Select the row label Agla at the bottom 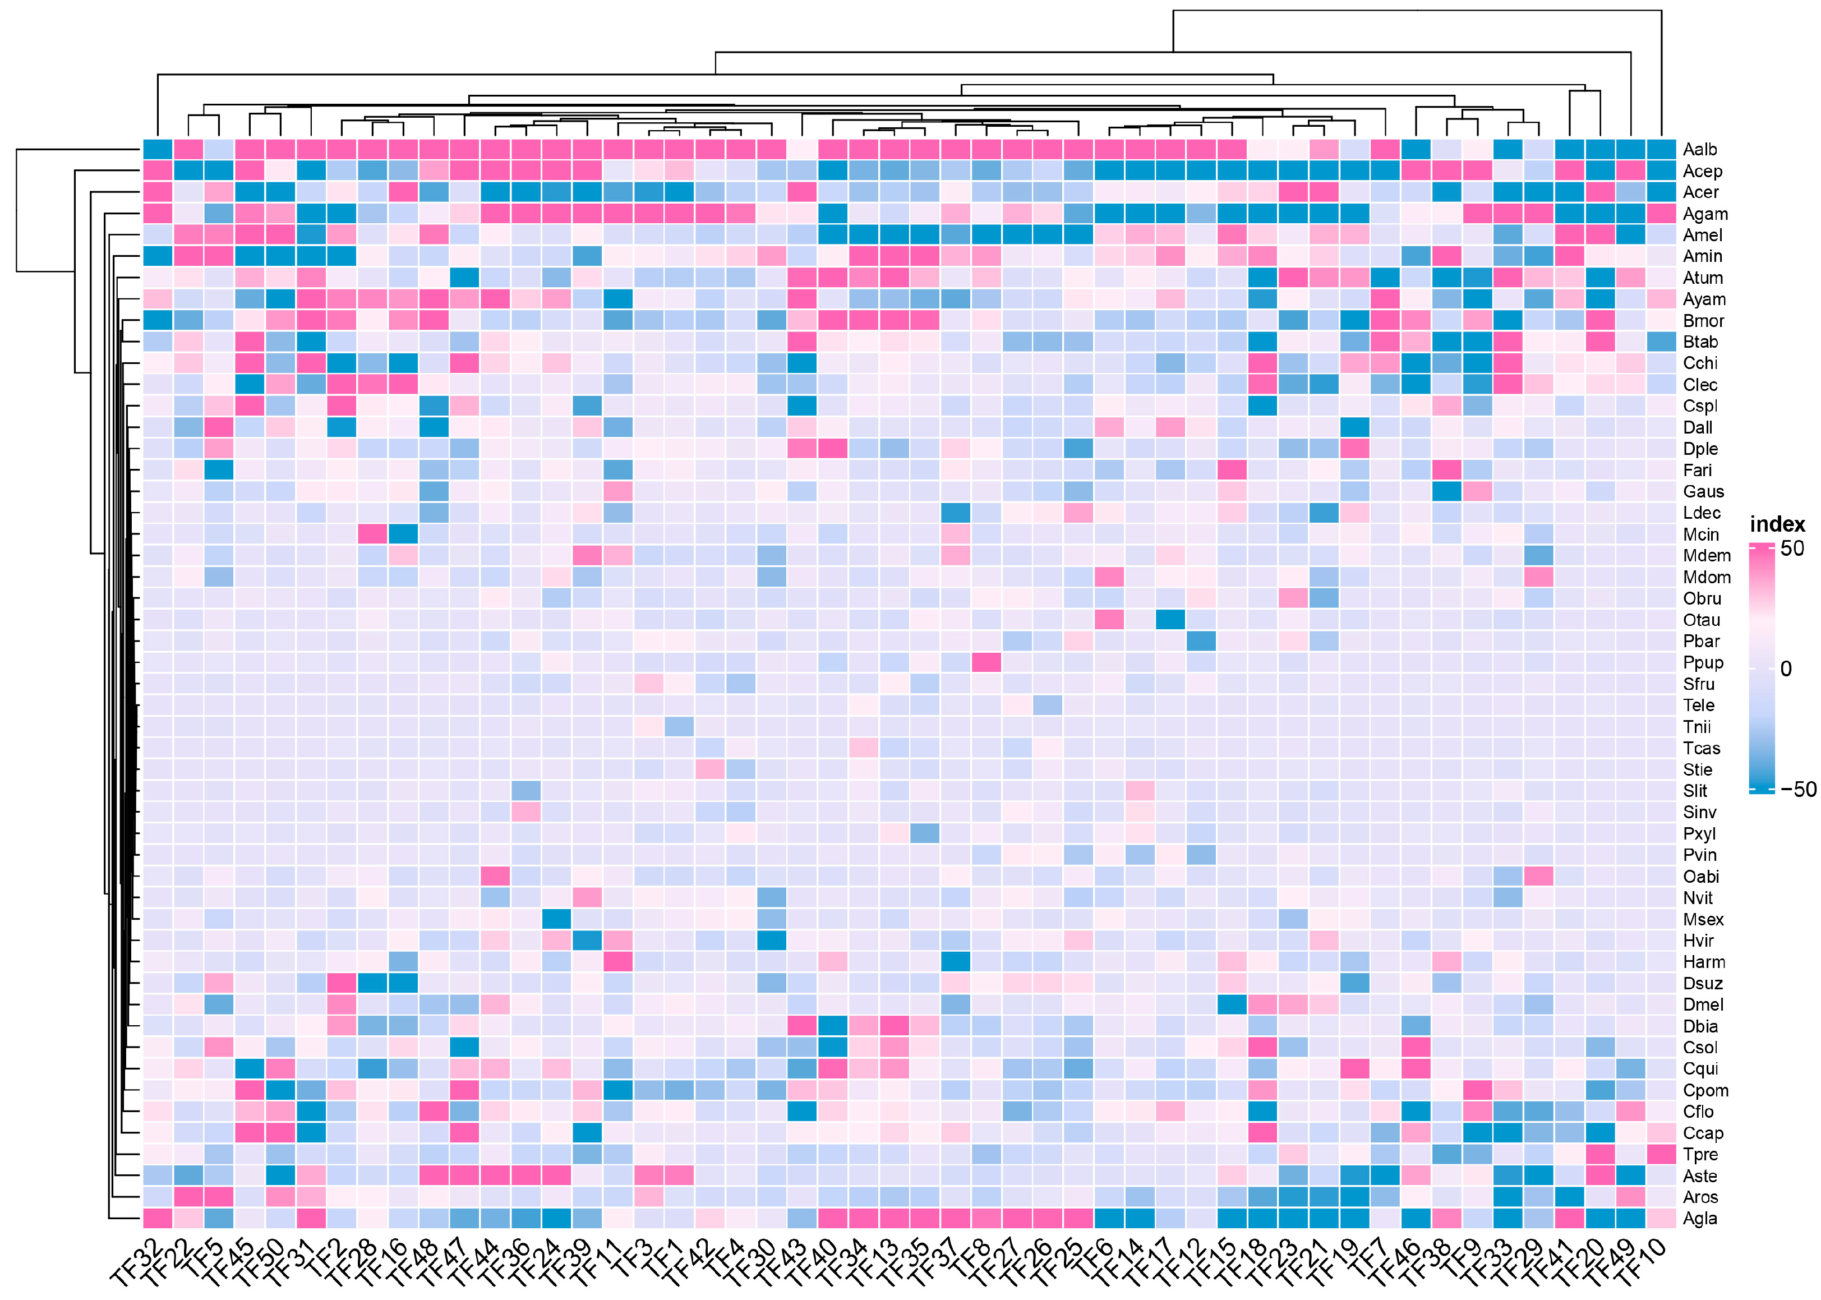tap(1699, 1218)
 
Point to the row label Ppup tap(1703, 663)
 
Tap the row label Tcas tap(1701, 749)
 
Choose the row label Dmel tap(1703, 1004)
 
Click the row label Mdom tap(1707, 577)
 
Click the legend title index tap(1777, 524)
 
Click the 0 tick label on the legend tap(1786, 669)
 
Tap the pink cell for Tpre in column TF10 tap(1661, 1154)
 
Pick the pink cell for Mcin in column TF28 tap(372, 534)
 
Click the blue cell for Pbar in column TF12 tap(1201, 641)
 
